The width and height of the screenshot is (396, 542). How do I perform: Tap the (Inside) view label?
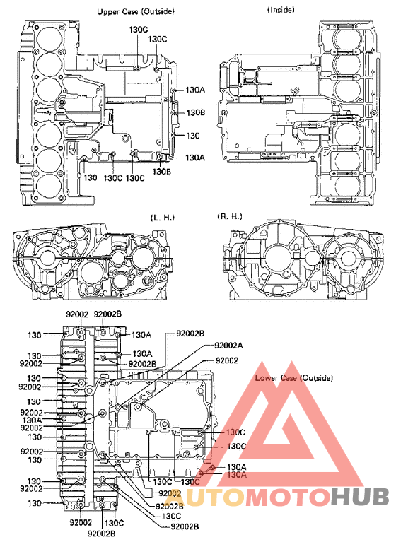(x=281, y=10)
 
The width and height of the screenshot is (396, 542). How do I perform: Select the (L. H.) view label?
(x=162, y=218)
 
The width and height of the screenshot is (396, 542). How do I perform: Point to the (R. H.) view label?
(x=230, y=216)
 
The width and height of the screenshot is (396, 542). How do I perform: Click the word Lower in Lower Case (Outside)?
(x=267, y=378)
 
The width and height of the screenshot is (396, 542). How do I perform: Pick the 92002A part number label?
(x=228, y=346)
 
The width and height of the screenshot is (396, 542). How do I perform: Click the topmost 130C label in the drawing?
(x=139, y=30)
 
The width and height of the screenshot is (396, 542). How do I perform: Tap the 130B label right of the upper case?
(x=195, y=112)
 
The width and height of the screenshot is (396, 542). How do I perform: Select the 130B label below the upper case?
(x=162, y=172)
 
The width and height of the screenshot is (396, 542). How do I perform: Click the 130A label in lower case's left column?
(x=32, y=420)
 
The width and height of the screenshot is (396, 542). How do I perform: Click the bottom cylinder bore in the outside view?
(x=49, y=187)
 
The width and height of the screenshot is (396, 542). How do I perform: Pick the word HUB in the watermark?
(x=359, y=497)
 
